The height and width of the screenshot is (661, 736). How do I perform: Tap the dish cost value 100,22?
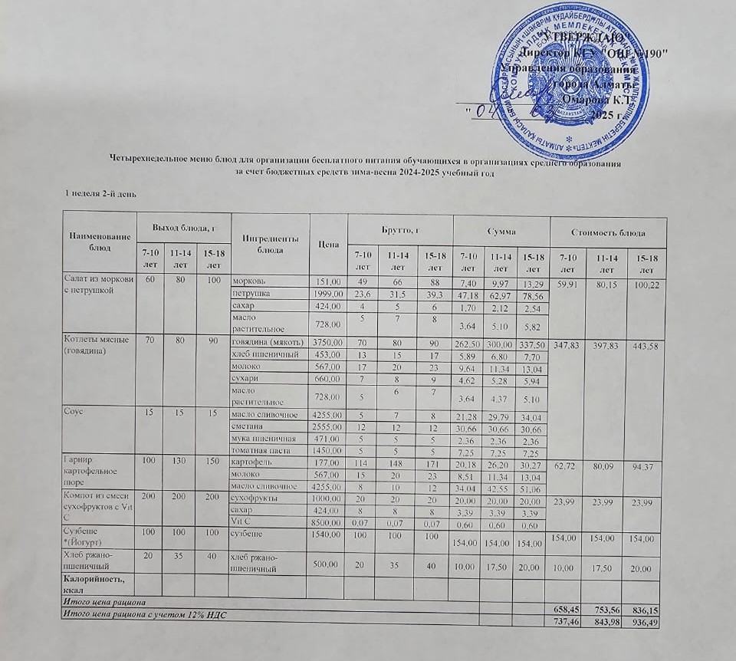tap(642, 284)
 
